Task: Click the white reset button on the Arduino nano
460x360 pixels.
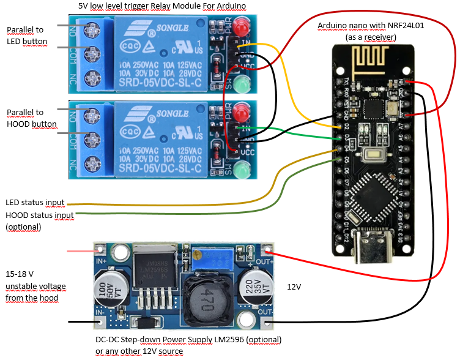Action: pos(373,156)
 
